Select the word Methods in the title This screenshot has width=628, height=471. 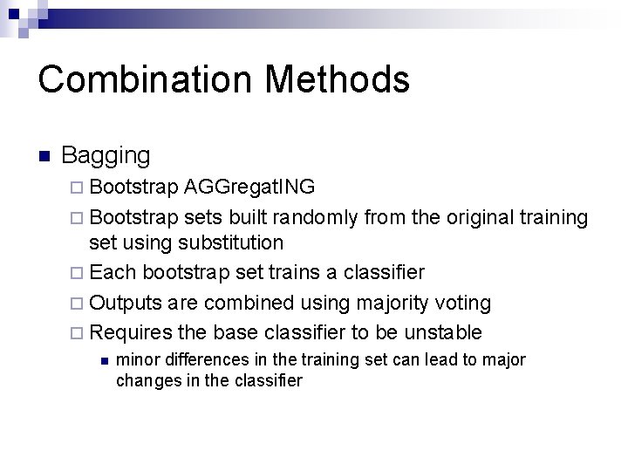338,79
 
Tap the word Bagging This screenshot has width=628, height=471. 106,157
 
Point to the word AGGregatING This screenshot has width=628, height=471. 250,188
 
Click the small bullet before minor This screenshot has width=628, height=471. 104,360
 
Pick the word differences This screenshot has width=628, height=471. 197,359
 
